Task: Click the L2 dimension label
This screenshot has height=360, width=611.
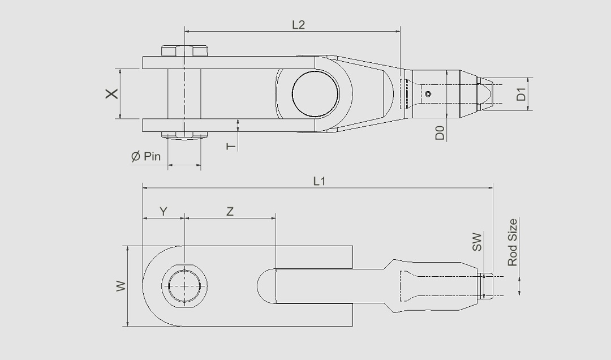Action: click(298, 25)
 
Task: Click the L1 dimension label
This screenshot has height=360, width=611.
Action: click(320, 181)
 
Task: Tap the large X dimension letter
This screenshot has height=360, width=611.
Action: click(113, 93)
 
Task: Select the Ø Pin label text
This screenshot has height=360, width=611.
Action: click(146, 157)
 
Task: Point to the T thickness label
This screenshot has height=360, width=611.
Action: click(230, 146)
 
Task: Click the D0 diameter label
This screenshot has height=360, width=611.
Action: click(440, 134)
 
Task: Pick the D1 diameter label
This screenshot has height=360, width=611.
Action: click(521, 94)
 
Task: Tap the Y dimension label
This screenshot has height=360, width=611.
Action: click(163, 212)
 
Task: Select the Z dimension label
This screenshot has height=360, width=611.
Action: click(230, 212)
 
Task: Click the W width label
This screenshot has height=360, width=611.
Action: click(121, 286)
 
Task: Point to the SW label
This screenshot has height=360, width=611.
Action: click(477, 242)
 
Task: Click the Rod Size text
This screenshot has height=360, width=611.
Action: click(513, 242)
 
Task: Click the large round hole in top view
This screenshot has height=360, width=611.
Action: click(315, 94)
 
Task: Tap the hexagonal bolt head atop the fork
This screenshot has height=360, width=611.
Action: click(184, 50)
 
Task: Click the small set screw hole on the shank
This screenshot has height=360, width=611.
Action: click(429, 95)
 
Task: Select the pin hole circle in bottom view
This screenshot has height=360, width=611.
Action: click(184, 286)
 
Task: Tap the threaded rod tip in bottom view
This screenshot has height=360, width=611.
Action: click(487, 286)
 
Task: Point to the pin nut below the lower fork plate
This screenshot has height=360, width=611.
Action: click(184, 135)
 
